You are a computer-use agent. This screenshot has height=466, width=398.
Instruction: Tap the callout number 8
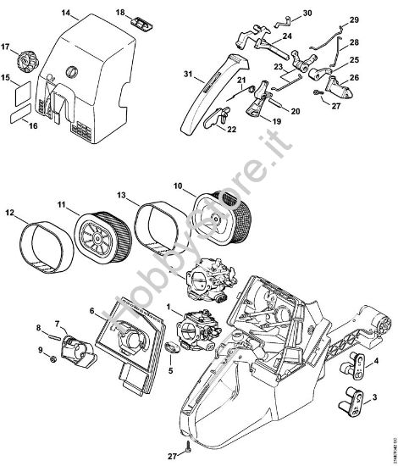38,327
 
